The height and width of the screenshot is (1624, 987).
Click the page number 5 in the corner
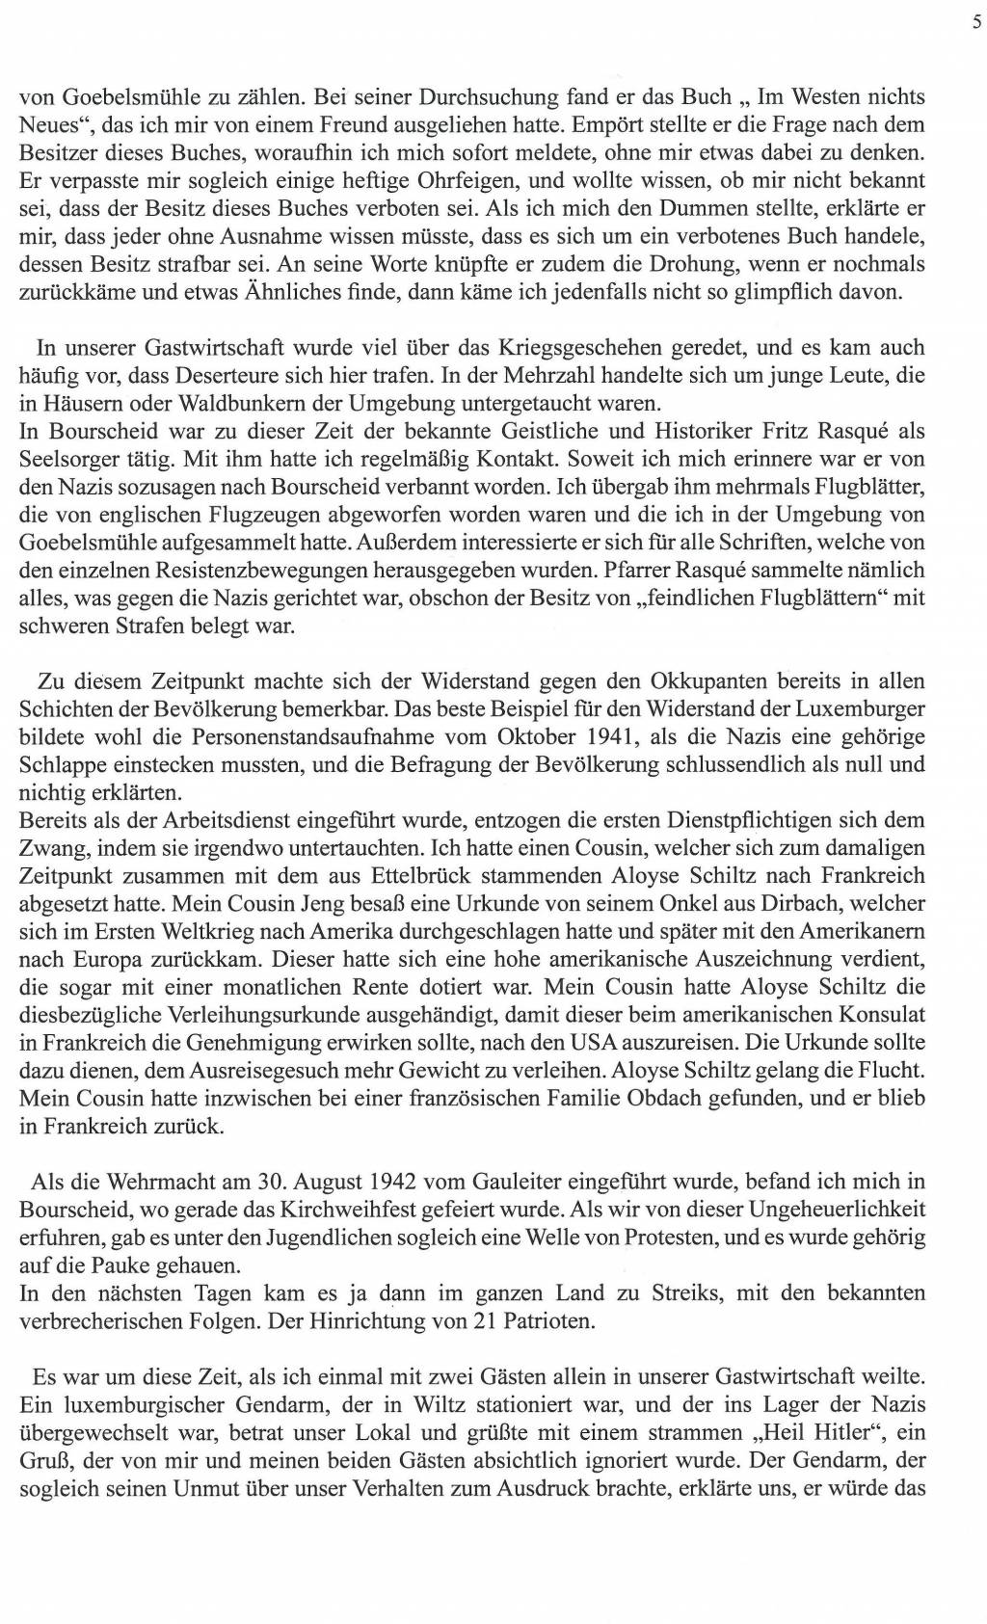[x=976, y=24]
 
